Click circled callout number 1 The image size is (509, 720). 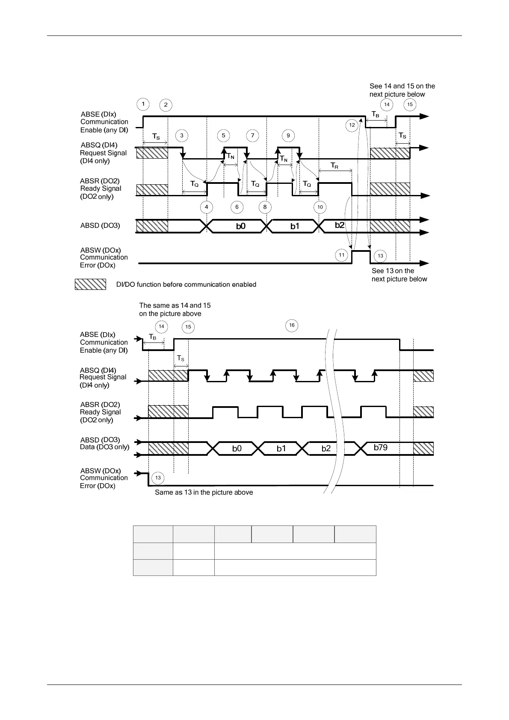[x=143, y=104]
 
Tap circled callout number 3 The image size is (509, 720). [x=182, y=136]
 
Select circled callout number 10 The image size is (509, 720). [x=320, y=207]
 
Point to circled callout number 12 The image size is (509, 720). [x=352, y=125]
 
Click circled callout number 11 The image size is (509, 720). [x=341, y=255]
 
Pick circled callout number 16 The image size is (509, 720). [x=292, y=325]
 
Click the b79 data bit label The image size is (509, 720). [x=380, y=448]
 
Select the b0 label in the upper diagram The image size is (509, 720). [x=241, y=226]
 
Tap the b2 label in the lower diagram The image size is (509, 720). [x=326, y=449]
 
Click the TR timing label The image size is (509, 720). [x=334, y=166]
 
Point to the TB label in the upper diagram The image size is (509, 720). [x=375, y=115]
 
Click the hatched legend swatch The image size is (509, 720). [x=90, y=284]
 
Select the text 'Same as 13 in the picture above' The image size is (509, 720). [x=204, y=493]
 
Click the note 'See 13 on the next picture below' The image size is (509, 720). [x=399, y=275]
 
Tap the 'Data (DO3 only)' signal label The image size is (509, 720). [x=104, y=447]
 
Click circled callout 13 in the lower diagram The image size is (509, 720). [x=158, y=478]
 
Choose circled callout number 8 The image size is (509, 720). [x=265, y=207]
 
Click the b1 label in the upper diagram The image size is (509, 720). [x=295, y=226]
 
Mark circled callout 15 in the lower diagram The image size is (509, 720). [x=188, y=328]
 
